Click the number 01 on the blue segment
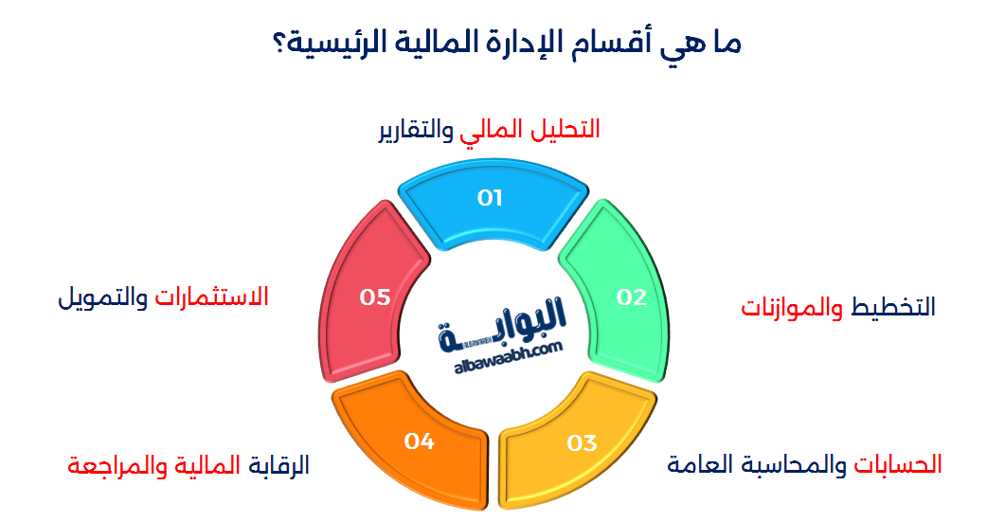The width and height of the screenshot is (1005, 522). [x=490, y=198]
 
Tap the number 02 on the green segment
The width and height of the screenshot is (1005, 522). [x=631, y=297]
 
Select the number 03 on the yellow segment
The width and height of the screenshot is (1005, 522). [x=582, y=442]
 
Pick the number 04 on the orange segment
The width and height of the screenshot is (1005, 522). [x=419, y=441]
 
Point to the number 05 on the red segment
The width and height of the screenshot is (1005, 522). [x=375, y=297]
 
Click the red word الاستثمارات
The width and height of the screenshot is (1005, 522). [x=212, y=297]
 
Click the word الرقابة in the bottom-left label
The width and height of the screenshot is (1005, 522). [x=278, y=465]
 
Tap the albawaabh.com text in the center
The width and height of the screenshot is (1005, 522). [x=502, y=351]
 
